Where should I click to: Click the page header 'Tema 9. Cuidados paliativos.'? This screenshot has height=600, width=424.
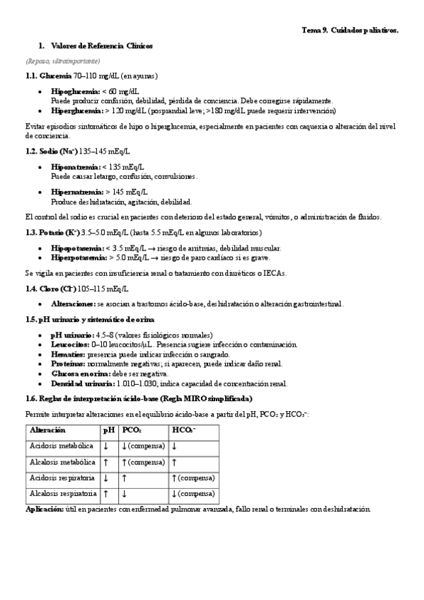tap(350, 30)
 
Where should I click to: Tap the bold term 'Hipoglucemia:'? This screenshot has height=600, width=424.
tap(76, 92)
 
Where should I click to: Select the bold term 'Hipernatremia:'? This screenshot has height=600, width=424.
tap(77, 192)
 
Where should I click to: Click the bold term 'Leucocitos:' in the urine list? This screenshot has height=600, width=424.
tap(69, 344)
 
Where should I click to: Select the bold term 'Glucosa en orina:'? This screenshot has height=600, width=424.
tap(79, 374)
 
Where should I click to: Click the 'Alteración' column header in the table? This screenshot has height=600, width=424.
tap(48, 429)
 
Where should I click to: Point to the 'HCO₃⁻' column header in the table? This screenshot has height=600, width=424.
tap(184, 429)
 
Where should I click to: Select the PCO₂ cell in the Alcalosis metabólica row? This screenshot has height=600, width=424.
tap(143, 461)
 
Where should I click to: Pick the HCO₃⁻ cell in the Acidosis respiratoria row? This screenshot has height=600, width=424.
tap(193, 478)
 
